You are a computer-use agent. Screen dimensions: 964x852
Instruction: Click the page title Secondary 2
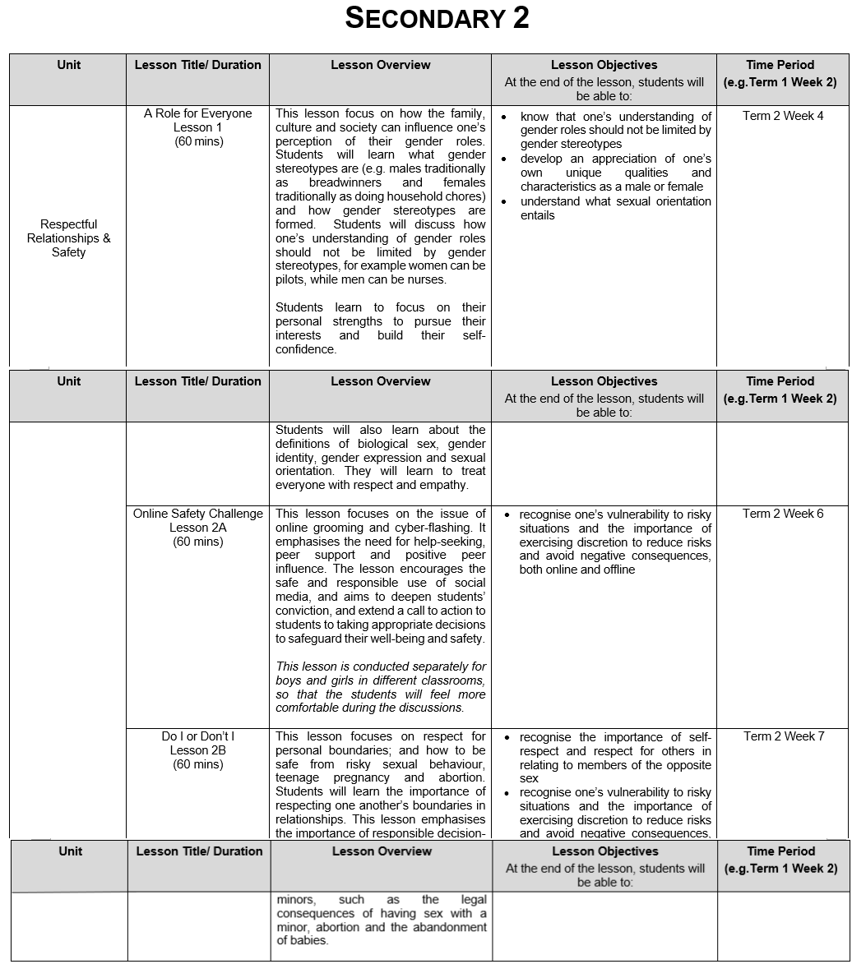(x=437, y=18)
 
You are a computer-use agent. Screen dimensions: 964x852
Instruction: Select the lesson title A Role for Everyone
(x=197, y=113)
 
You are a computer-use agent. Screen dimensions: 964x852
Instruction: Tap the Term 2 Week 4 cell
(x=782, y=116)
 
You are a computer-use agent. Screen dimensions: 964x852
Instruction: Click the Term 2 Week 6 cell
(x=782, y=514)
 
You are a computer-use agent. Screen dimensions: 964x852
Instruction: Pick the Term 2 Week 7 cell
(x=782, y=736)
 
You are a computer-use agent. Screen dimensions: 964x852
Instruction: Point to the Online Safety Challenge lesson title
(x=197, y=514)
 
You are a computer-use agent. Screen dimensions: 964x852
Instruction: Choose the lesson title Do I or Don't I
(x=197, y=736)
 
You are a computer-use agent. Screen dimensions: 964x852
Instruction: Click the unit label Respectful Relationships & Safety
(x=68, y=238)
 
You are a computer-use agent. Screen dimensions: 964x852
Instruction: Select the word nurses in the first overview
(x=428, y=279)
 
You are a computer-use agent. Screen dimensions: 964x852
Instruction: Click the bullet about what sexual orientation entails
(x=615, y=208)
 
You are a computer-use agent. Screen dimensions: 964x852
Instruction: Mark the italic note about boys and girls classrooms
(x=381, y=687)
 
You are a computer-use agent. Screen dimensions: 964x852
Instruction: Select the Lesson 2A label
(x=197, y=528)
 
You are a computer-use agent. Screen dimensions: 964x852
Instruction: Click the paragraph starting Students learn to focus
(x=381, y=328)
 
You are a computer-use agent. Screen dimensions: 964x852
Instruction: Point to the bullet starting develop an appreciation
(x=615, y=173)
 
